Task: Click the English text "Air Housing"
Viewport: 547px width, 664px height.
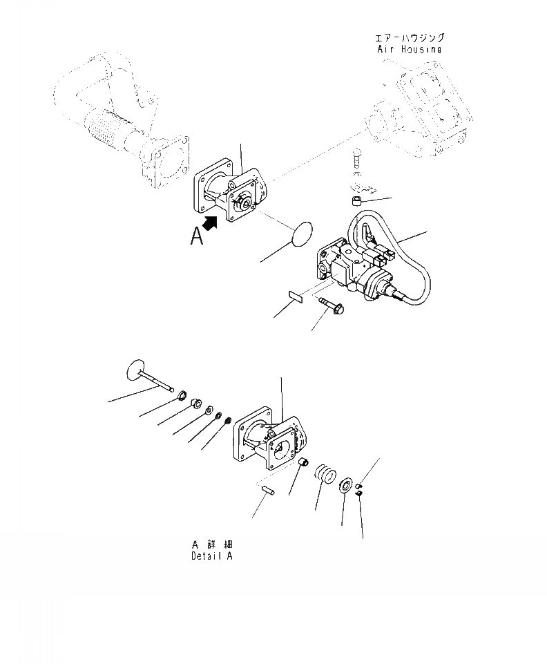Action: (409, 49)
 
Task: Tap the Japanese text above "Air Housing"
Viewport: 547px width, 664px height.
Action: (409, 37)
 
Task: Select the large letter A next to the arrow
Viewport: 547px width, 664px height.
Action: (198, 237)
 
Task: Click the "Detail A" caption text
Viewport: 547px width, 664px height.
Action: (212, 556)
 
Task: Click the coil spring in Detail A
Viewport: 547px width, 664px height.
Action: (325, 475)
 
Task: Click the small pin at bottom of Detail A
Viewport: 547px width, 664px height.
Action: (271, 490)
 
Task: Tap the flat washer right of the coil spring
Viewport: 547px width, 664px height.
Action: (345, 482)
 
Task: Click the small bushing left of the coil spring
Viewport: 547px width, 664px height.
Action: (303, 462)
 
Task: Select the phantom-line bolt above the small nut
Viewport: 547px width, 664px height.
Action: (355, 161)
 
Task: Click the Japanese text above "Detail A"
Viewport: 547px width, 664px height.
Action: (211, 544)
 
